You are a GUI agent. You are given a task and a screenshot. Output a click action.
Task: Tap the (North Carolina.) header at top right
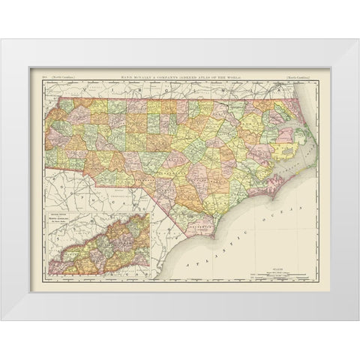coord(299,77)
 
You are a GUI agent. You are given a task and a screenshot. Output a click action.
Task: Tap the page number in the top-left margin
coord(43,77)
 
